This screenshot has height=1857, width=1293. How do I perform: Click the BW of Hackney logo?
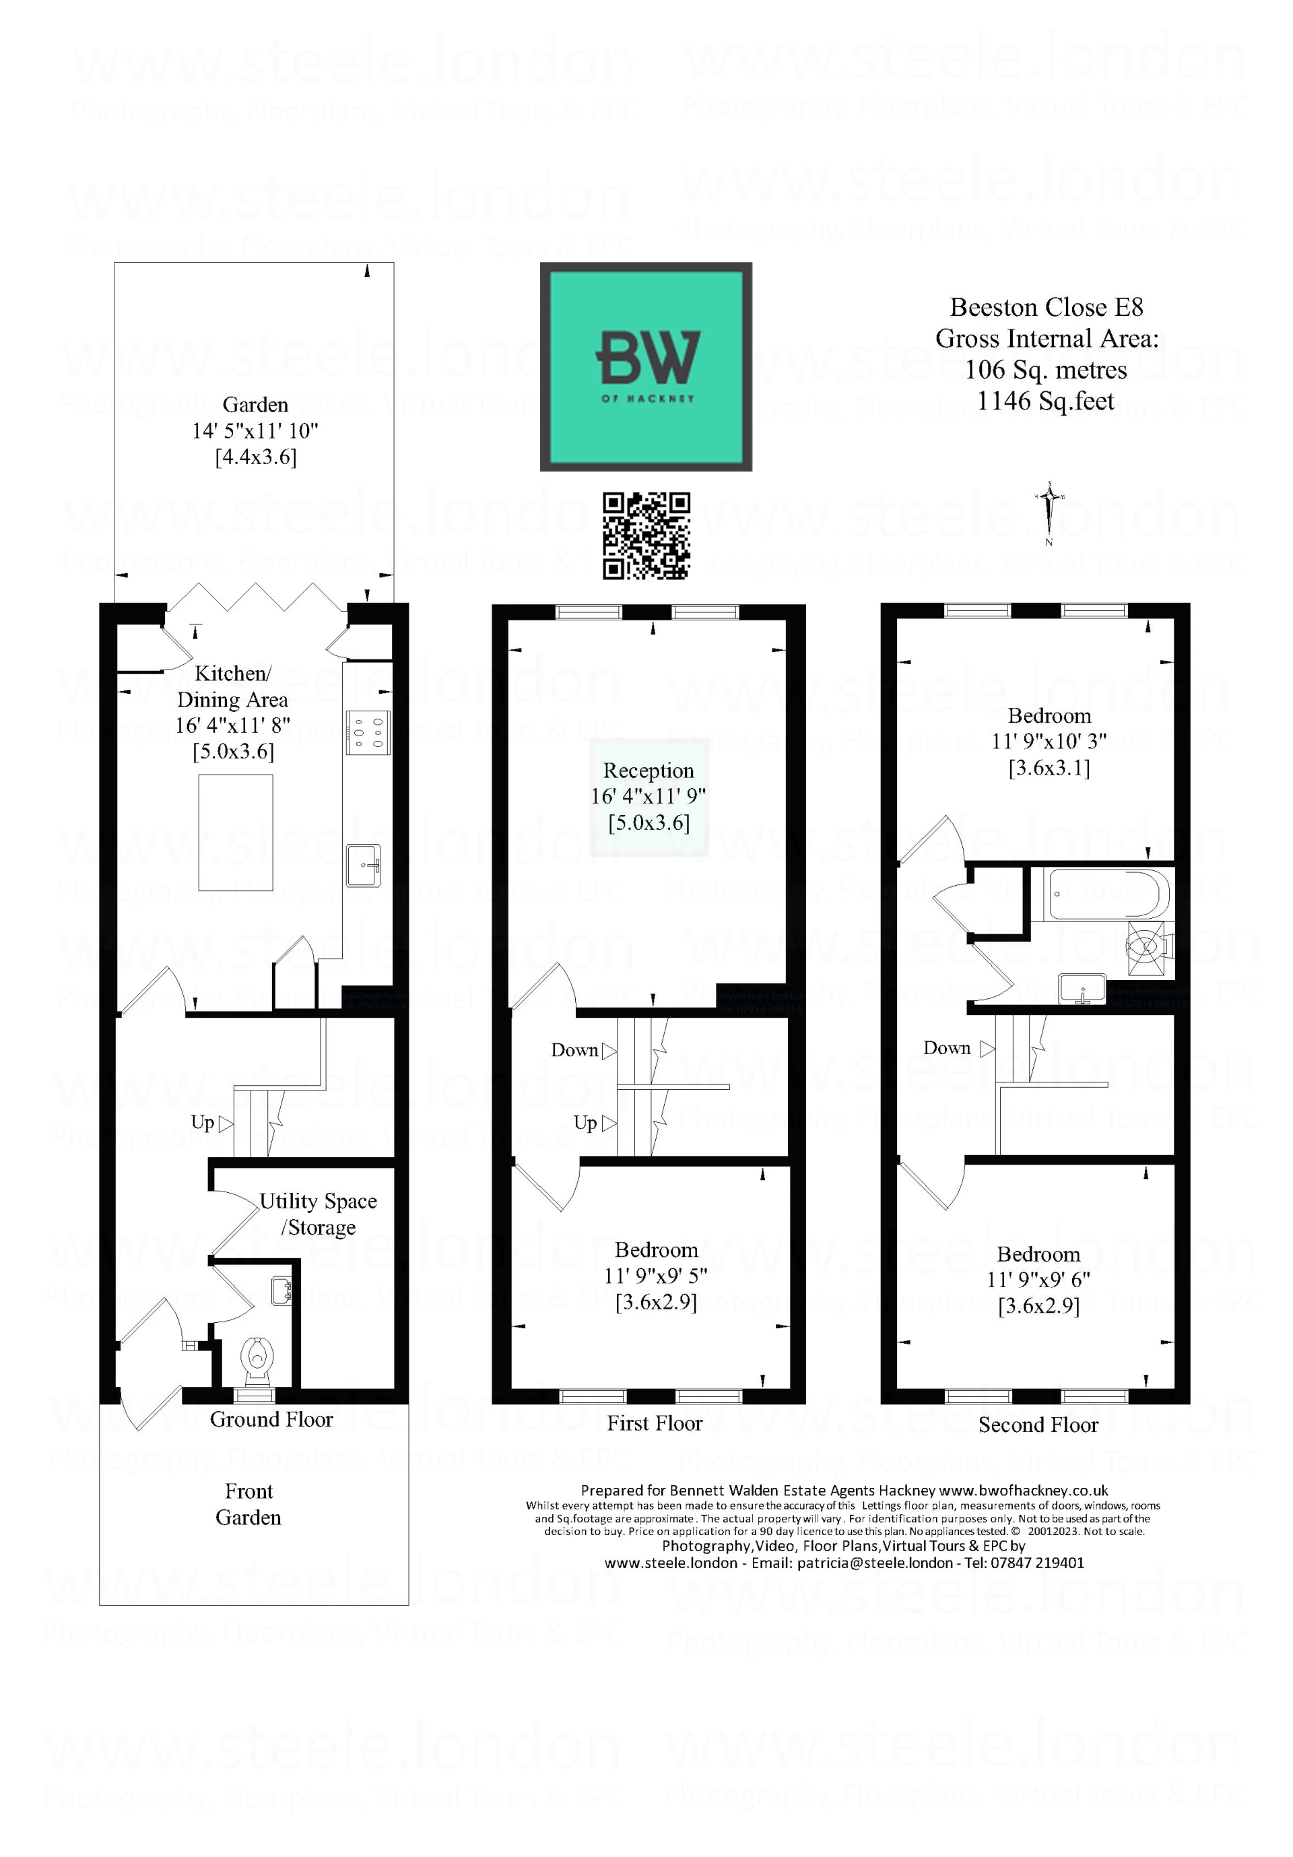645,366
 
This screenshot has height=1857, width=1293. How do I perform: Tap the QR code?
645,535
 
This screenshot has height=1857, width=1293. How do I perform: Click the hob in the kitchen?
368,732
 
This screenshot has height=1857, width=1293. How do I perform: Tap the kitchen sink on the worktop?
364,865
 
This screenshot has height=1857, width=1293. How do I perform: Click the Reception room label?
648,771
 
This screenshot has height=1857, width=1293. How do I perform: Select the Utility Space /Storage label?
318,1213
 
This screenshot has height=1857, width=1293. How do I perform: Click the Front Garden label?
248,1503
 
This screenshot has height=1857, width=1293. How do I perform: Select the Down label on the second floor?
946,1048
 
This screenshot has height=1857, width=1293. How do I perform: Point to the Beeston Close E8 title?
1046,307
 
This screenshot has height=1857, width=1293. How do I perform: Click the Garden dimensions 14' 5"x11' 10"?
255,431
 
